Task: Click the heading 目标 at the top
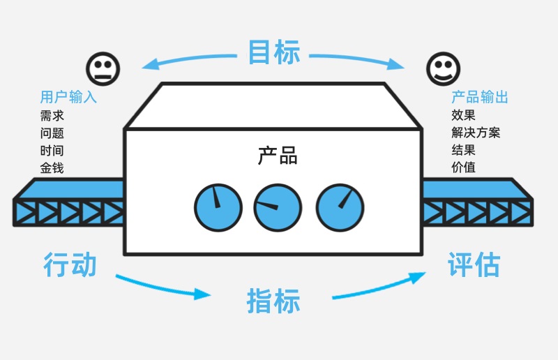pos(273,52)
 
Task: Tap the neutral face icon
pos(103,68)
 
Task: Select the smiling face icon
pos(443,68)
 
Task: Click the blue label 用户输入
pos(68,97)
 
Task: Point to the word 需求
pos(52,115)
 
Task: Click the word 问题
pos(52,133)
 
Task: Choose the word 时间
pos(52,150)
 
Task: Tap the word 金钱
pos(52,167)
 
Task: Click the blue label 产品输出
pos(480,97)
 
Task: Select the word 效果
pos(463,115)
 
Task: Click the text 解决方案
pos(476,133)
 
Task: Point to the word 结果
pos(463,150)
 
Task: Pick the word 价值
pos(463,167)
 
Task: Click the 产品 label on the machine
pos(278,156)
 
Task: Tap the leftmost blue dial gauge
pos(218,208)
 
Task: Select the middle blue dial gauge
pos(278,208)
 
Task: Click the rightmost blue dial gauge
pos(340,208)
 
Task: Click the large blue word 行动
pos(70,264)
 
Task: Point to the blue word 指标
pos(273,301)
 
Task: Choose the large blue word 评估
pos(474,264)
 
